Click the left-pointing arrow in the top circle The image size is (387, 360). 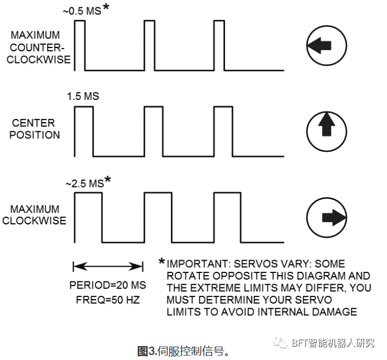coord(319,46)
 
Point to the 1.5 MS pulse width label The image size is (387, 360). coord(83,96)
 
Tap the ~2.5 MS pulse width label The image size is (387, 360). coord(84,183)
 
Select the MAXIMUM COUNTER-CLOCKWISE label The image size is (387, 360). coord(38,47)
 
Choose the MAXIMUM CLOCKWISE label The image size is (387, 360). coord(34,214)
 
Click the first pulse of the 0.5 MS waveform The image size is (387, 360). coord(79,45)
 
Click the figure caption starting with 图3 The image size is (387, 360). coord(184,351)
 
